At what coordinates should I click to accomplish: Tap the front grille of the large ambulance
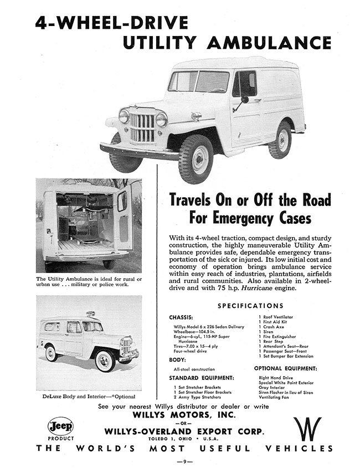142,128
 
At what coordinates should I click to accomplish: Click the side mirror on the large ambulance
244,100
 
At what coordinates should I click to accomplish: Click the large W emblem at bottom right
308,429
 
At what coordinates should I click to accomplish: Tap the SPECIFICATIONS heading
250,305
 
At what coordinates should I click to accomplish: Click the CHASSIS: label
182,318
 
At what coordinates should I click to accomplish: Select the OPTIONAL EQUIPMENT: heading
285,368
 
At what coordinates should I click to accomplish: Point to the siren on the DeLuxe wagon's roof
90,314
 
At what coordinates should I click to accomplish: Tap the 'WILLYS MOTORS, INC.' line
180,414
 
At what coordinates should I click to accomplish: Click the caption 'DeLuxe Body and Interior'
75,396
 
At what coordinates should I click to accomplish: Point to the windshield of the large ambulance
198,81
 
